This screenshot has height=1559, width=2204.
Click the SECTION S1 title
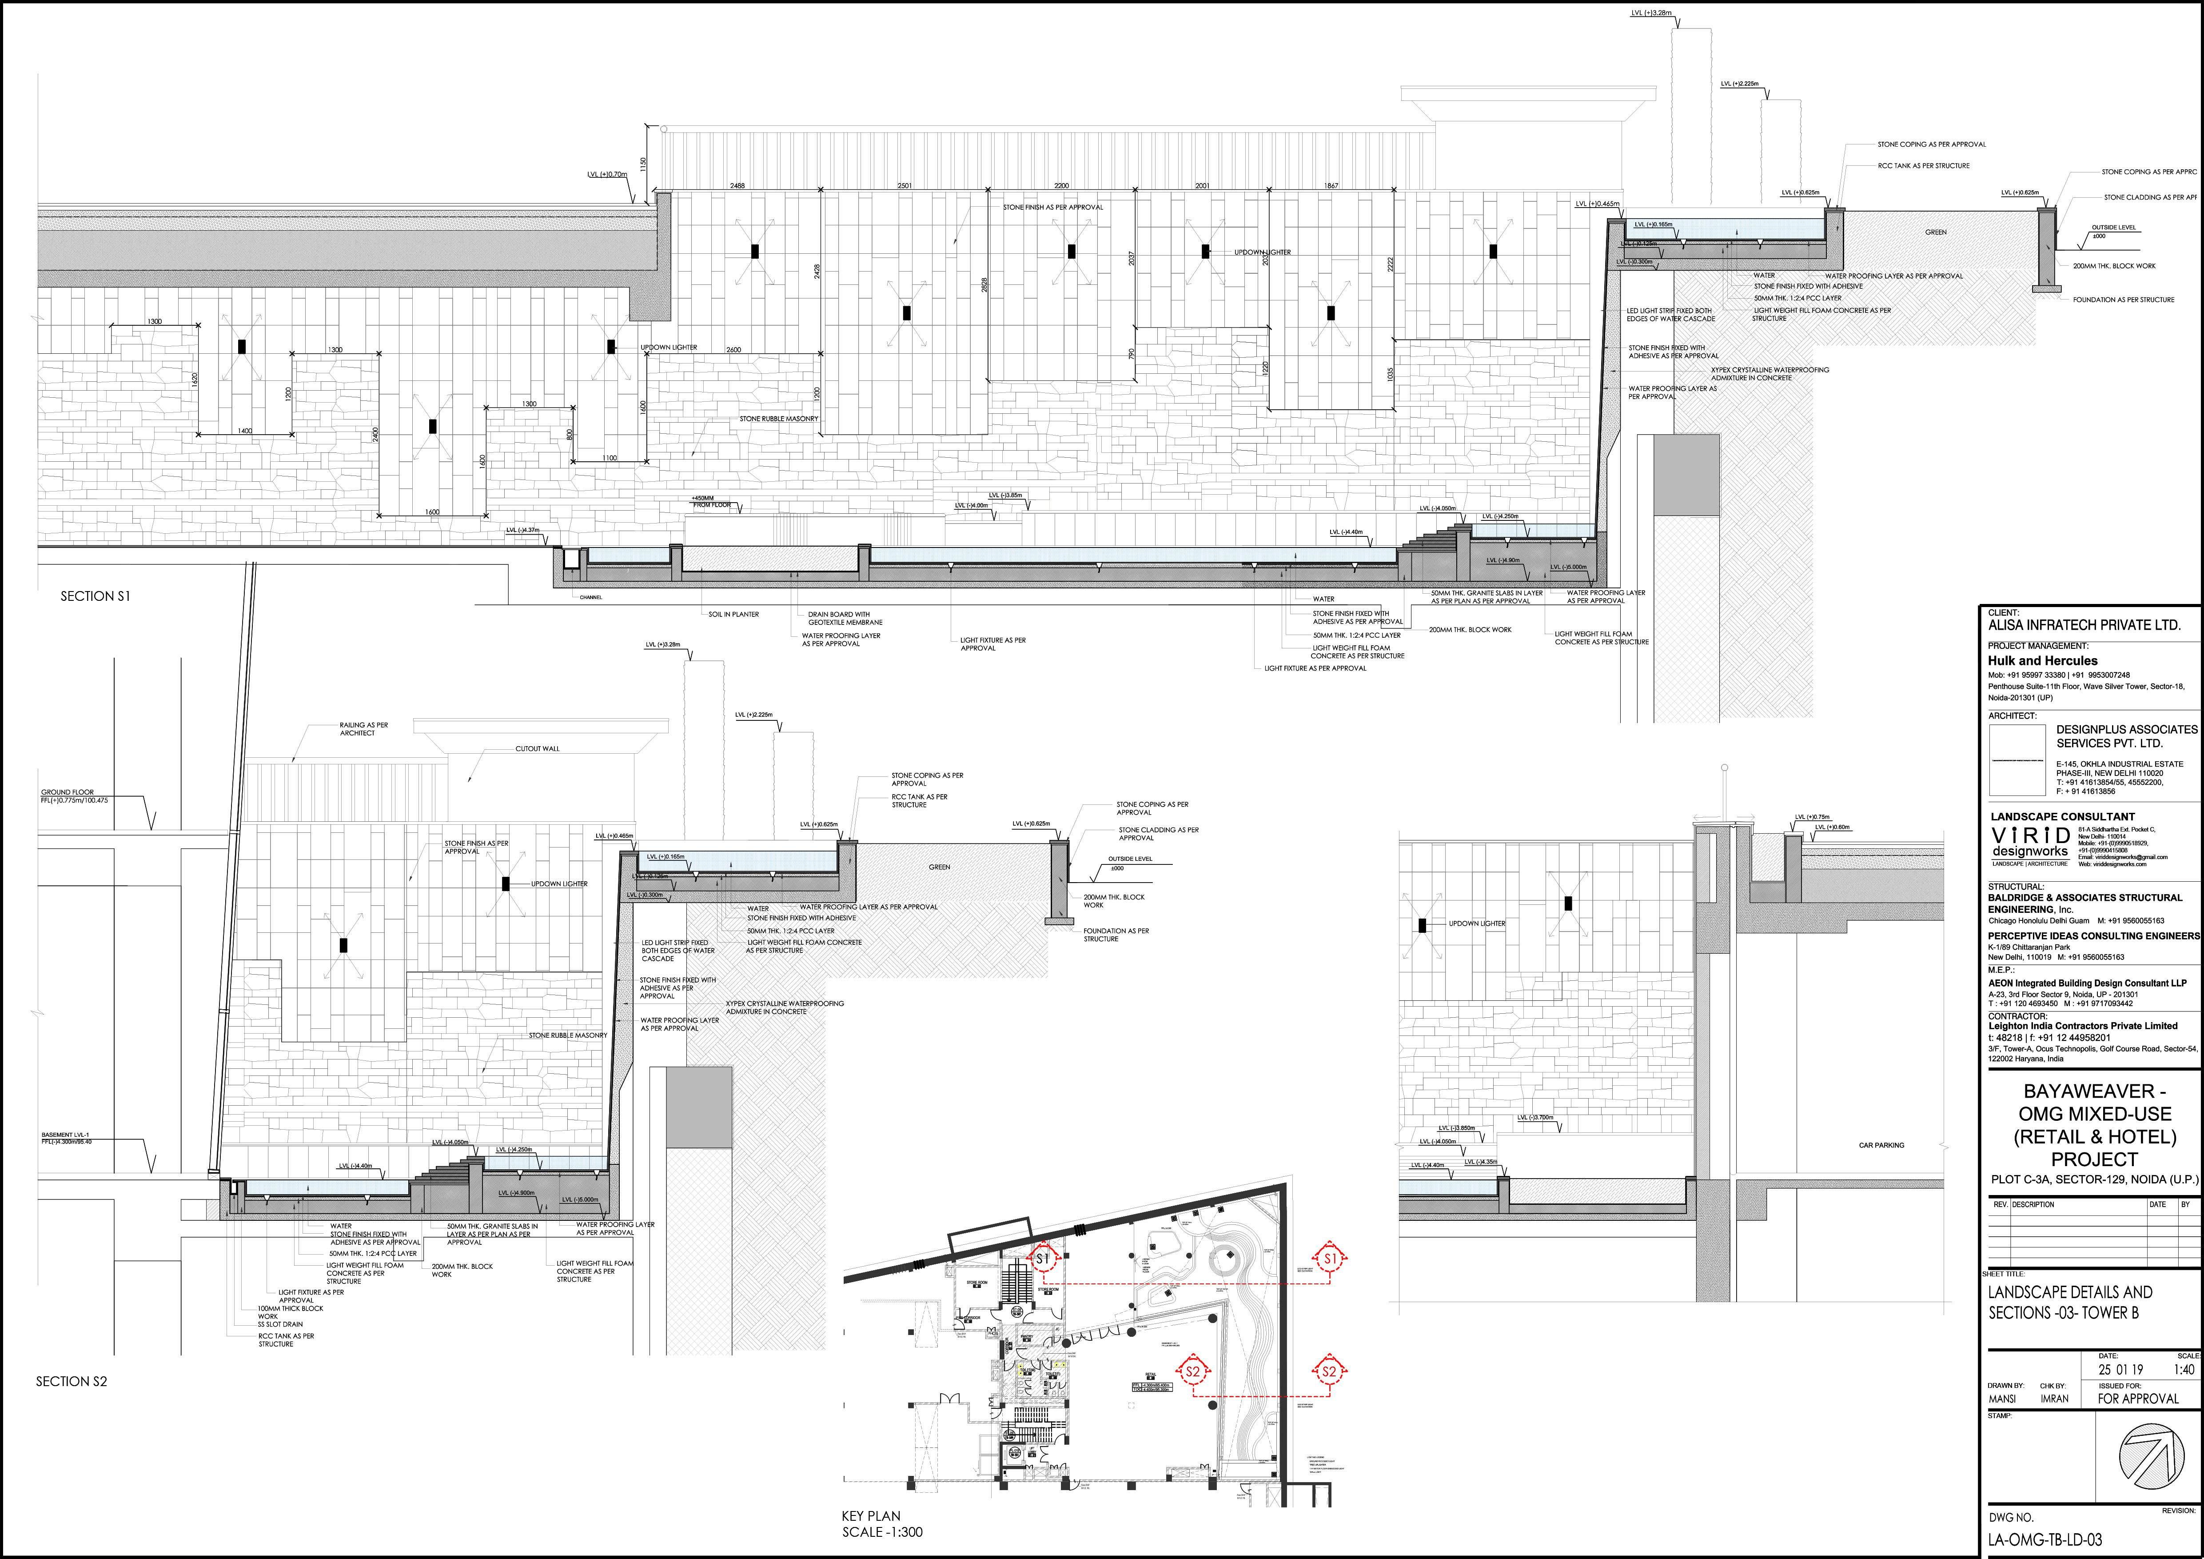[x=95, y=596]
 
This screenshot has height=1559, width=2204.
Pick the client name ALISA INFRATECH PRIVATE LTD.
[x=2084, y=625]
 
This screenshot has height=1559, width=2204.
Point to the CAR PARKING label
[x=1881, y=1145]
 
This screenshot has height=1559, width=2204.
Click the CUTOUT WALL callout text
[x=538, y=749]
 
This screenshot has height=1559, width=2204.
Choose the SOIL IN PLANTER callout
[x=733, y=614]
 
